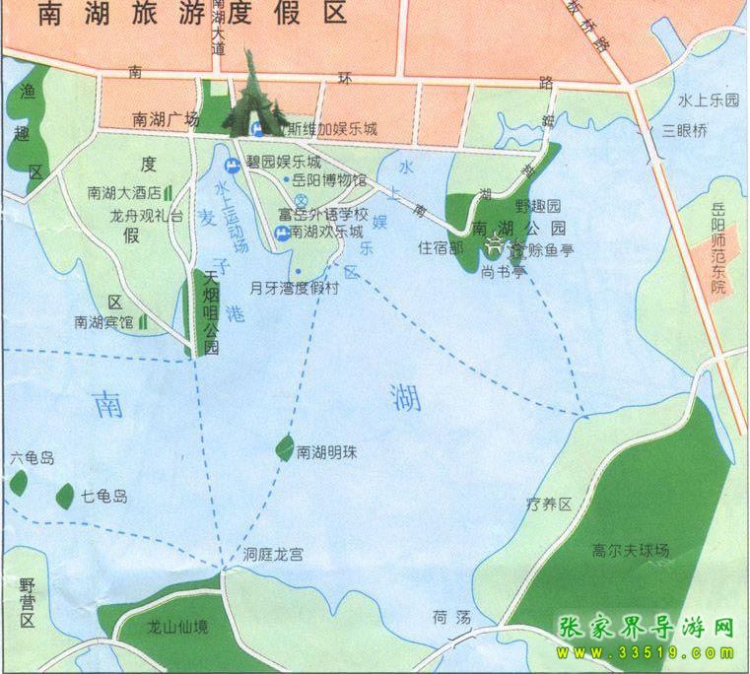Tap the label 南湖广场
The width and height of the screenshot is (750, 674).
(166, 119)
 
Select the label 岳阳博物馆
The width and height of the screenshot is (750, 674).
(331, 180)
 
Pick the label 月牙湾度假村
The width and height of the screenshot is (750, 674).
(294, 289)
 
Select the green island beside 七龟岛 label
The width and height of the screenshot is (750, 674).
(65, 497)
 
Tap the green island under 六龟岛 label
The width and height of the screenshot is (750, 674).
(18, 483)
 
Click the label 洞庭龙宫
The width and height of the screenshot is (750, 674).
(273, 556)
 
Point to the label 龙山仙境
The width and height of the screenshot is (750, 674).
(177, 626)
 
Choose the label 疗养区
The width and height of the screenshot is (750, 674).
(549, 505)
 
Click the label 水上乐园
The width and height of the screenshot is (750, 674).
(708, 101)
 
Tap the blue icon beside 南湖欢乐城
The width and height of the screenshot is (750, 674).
(281, 233)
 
